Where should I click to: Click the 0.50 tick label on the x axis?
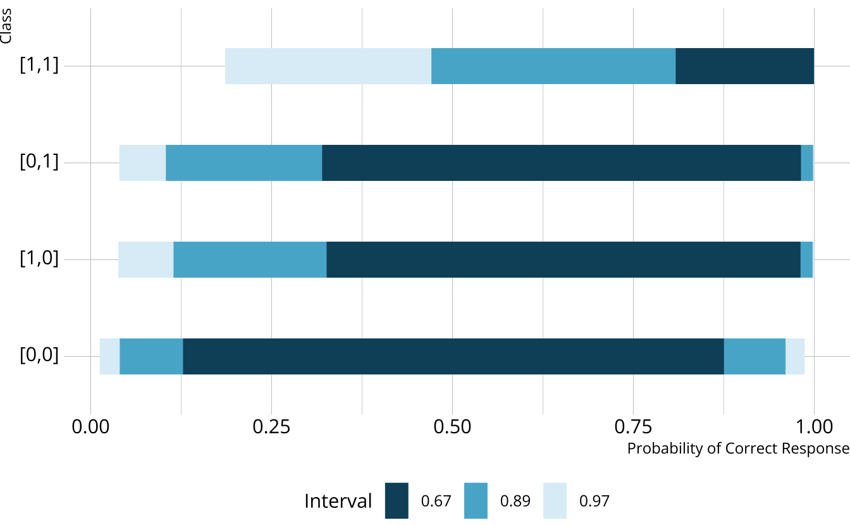point(452,427)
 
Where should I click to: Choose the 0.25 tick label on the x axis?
point(271,427)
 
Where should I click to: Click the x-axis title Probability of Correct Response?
point(737,448)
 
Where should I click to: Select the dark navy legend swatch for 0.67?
point(397,501)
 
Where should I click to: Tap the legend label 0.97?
point(594,502)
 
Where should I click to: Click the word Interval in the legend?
point(338,501)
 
